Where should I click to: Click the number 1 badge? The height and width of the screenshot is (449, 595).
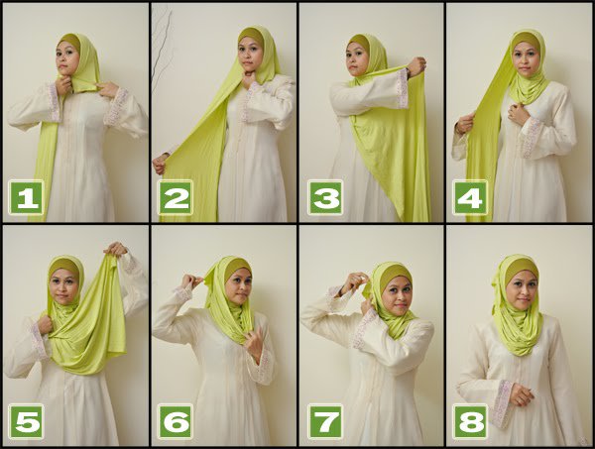pyautogui.click(x=26, y=198)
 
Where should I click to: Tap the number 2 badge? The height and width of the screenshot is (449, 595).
pyautogui.click(x=175, y=198)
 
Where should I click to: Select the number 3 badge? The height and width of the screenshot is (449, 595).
pyautogui.click(x=323, y=197)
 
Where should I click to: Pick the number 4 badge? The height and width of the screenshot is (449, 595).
pyautogui.click(x=470, y=197)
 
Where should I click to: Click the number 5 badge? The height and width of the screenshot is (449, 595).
pyautogui.click(x=26, y=420)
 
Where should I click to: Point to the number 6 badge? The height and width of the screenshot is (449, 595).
pyautogui.click(x=175, y=420)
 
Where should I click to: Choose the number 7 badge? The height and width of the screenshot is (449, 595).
pyautogui.click(x=323, y=420)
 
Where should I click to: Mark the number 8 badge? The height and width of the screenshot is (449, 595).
pyautogui.click(x=470, y=420)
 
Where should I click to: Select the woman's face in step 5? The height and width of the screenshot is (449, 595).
pyautogui.click(x=65, y=285)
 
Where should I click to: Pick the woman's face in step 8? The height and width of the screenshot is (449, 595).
pyautogui.click(x=520, y=285)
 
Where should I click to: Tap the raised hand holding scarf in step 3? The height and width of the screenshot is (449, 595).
pyautogui.click(x=416, y=66)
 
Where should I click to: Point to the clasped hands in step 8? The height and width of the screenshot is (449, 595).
pyautogui.click(x=517, y=394)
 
